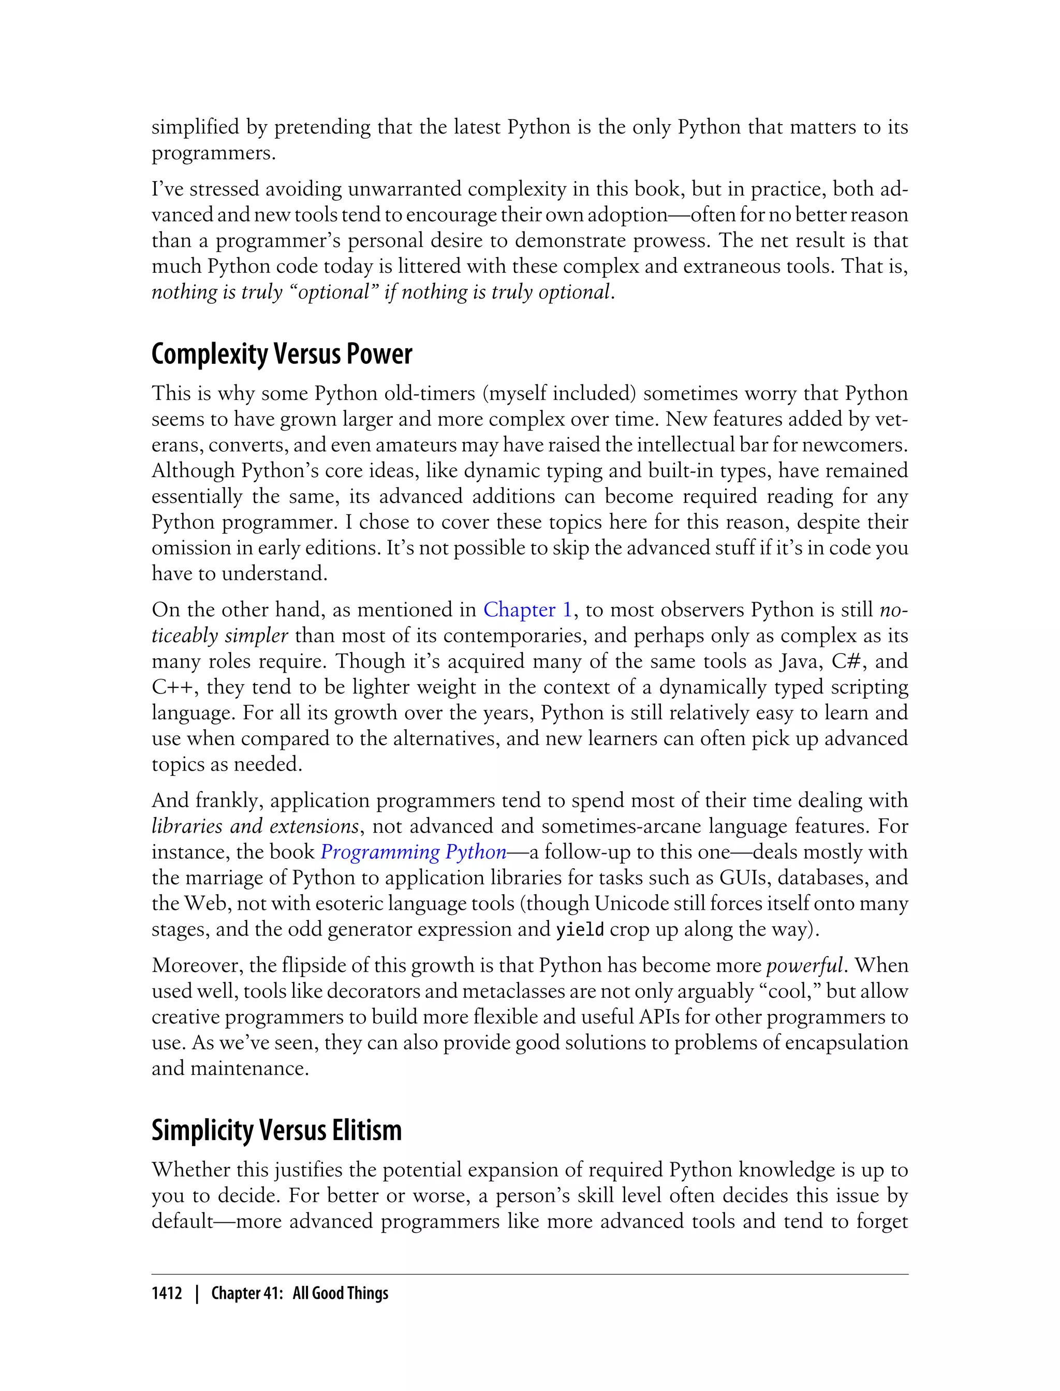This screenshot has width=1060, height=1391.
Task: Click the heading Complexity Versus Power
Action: coord(282,354)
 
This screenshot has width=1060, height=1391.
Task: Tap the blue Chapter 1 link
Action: coord(527,610)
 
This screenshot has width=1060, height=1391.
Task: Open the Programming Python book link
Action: coord(413,852)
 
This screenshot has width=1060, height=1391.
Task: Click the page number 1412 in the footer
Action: coord(167,1293)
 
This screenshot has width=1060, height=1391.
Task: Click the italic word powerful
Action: coord(804,966)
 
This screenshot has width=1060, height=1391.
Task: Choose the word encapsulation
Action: coord(845,1043)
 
